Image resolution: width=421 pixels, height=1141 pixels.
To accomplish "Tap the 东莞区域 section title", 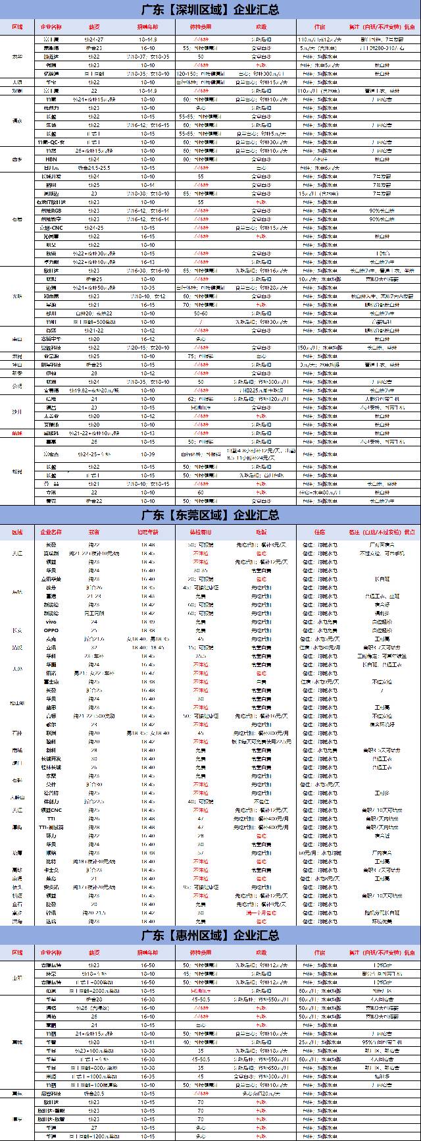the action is point(210,514).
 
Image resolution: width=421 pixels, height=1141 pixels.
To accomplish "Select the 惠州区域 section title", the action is point(210,935).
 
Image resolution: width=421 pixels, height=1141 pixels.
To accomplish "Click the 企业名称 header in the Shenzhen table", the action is point(51,27).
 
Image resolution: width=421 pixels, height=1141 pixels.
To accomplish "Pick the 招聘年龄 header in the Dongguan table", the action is point(147,531).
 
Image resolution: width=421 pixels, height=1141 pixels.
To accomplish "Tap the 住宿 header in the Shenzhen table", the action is point(320,27).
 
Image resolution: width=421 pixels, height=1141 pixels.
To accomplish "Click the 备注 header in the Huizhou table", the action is point(382,953).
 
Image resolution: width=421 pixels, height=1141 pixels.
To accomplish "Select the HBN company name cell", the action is point(51,159).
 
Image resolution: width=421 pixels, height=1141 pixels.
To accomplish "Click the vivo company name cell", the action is point(51,622).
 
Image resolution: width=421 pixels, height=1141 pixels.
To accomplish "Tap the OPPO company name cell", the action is point(51,630).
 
